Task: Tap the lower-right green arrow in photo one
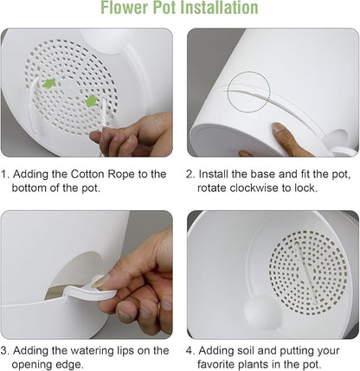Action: point(91,101)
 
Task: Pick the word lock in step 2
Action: point(310,188)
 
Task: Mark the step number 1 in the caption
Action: point(5,174)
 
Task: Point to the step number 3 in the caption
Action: point(5,351)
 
